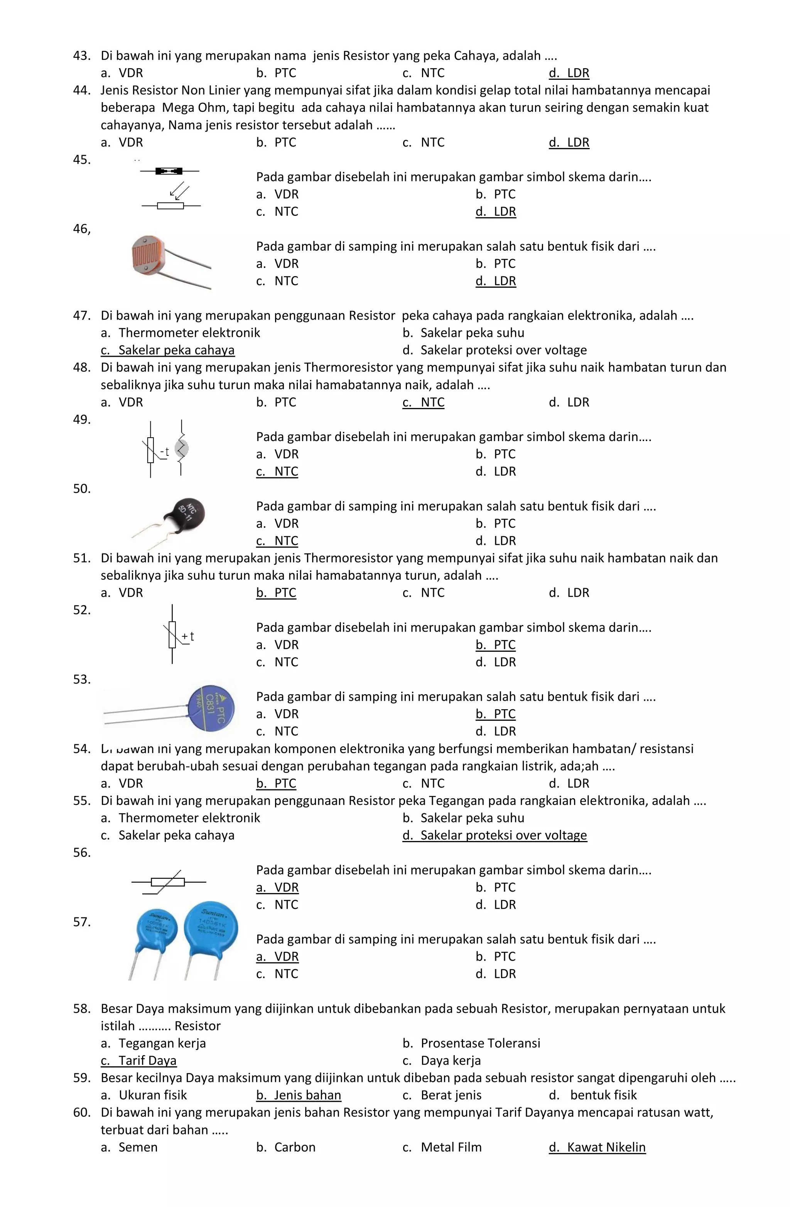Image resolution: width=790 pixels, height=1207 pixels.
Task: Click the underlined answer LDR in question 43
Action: point(569,73)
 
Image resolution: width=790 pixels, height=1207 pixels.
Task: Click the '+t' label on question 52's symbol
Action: point(188,636)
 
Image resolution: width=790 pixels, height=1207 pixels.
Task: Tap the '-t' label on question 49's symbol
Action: point(164,451)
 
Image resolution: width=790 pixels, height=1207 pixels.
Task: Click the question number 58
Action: point(81,1009)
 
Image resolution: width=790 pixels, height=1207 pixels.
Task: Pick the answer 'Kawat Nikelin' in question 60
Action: point(597,1147)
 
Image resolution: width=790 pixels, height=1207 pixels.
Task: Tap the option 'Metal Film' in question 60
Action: point(451,1147)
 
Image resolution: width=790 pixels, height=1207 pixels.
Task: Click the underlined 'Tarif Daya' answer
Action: point(138,1060)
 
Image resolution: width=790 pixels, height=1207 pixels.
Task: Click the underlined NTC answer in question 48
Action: point(423,402)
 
